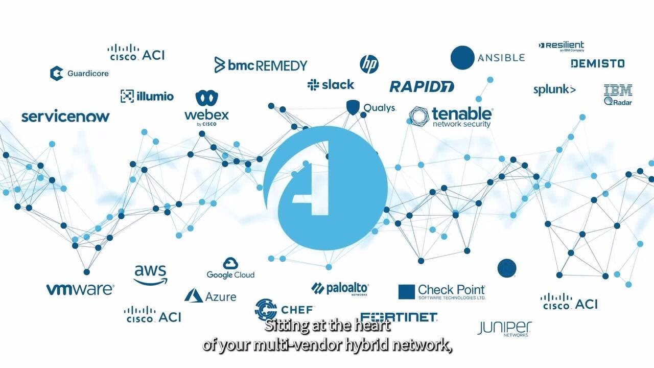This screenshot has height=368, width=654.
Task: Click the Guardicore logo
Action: (x=79, y=73)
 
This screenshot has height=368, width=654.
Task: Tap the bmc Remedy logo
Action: (x=261, y=65)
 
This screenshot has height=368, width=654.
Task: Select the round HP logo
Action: (x=369, y=64)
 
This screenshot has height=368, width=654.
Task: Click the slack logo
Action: (x=331, y=84)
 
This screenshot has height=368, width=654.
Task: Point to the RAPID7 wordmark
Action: (x=422, y=86)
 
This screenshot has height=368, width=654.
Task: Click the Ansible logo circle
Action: (x=463, y=57)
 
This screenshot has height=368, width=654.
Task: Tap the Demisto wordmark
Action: (x=597, y=63)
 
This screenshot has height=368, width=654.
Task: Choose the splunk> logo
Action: (x=554, y=90)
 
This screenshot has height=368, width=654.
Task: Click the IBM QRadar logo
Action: (x=618, y=95)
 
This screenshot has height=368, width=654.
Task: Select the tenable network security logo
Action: (x=451, y=117)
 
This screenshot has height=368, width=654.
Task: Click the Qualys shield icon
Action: (x=353, y=107)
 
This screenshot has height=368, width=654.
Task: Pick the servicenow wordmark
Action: (x=65, y=117)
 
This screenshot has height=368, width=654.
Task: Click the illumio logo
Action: (x=147, y=96)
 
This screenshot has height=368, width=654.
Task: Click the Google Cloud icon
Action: (x=230, y=264)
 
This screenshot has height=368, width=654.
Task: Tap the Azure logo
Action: (x=210, y=296)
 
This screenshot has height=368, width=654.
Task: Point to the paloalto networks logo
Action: (x=340, y=288)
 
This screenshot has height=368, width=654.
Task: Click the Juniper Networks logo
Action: (x=504, y=328)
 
